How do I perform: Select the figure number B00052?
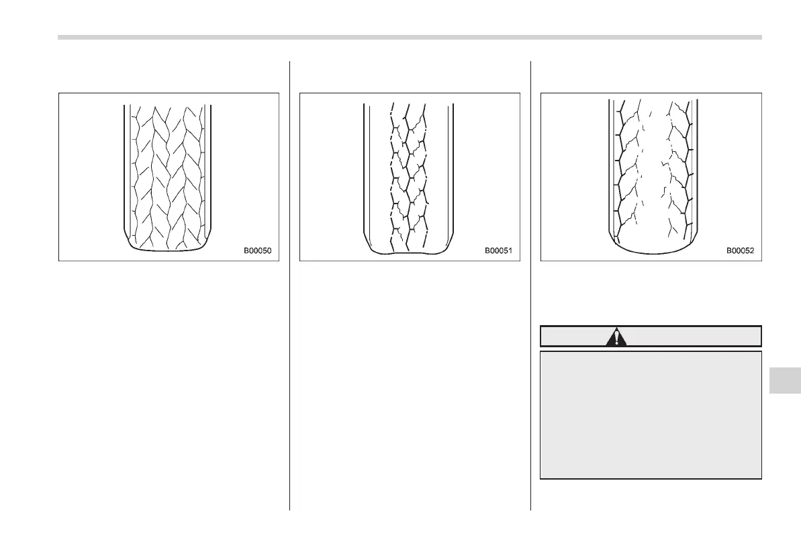pyautogui.click(x=740, y=251)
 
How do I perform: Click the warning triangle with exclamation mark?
pyautogui.click(x=616, y=337)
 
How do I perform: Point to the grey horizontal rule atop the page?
pyautogui.click(x=410, y=38)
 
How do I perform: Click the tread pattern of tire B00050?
pyautogui.click(x=168, y=175)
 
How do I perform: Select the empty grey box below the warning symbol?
pyautogui.click(x=651, y=414)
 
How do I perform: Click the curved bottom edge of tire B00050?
pyautogui.click(x=168, y=249)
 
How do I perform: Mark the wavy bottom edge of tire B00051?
pyautogui.click(x=409, y=253)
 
